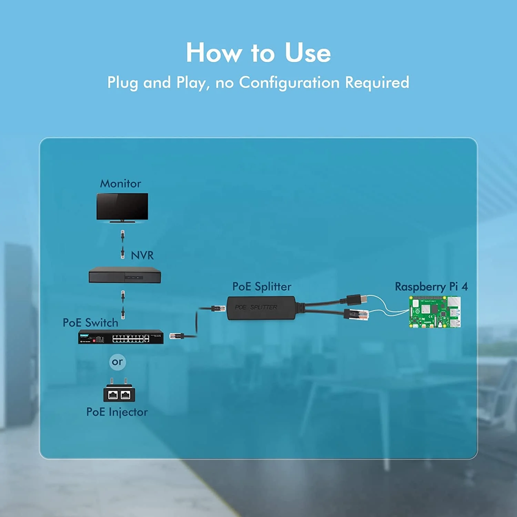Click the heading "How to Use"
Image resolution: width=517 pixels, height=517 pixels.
tap(258, 53)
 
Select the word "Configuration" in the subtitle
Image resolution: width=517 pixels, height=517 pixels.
tap(289, 83)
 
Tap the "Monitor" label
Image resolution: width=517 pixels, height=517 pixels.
tap(120, 183)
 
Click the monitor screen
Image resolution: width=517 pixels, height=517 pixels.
tap(122, 206)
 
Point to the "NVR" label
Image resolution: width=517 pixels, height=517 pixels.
tap(142, 255)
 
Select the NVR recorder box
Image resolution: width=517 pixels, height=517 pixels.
tap(125, 275)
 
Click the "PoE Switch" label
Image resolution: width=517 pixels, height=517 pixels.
tap(90, 323)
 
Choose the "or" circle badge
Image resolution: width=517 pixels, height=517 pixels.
tap(117, 362)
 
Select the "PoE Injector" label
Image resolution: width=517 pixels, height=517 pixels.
tap(117, 412)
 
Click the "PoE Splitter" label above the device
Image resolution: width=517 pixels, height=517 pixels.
tap(262, 286)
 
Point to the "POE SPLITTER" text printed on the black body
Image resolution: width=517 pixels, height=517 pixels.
tap(256, 307)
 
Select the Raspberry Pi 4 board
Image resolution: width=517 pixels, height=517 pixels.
tap(435, 312)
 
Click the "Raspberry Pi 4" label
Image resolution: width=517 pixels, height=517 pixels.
tap(431, 286)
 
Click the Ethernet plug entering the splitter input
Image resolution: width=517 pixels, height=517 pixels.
tap(217, 308)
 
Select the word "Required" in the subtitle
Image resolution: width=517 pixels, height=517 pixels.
tap(377, 83)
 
